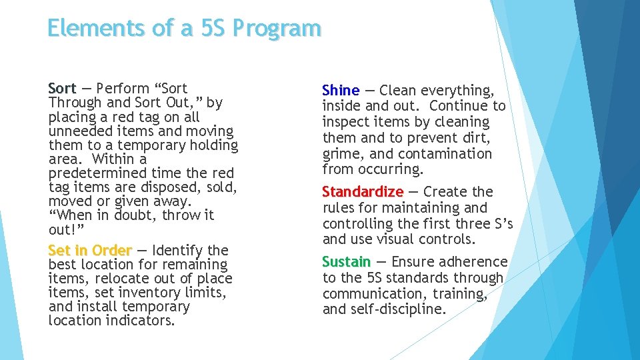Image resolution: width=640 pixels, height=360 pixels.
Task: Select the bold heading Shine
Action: (341, 90)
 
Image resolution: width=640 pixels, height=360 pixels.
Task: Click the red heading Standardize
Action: (363, 192)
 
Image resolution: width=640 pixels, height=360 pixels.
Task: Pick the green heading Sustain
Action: (346, 261)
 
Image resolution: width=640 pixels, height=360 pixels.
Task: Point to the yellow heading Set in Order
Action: (90, 251)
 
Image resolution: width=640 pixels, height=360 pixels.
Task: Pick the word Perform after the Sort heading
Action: (121, 88)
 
